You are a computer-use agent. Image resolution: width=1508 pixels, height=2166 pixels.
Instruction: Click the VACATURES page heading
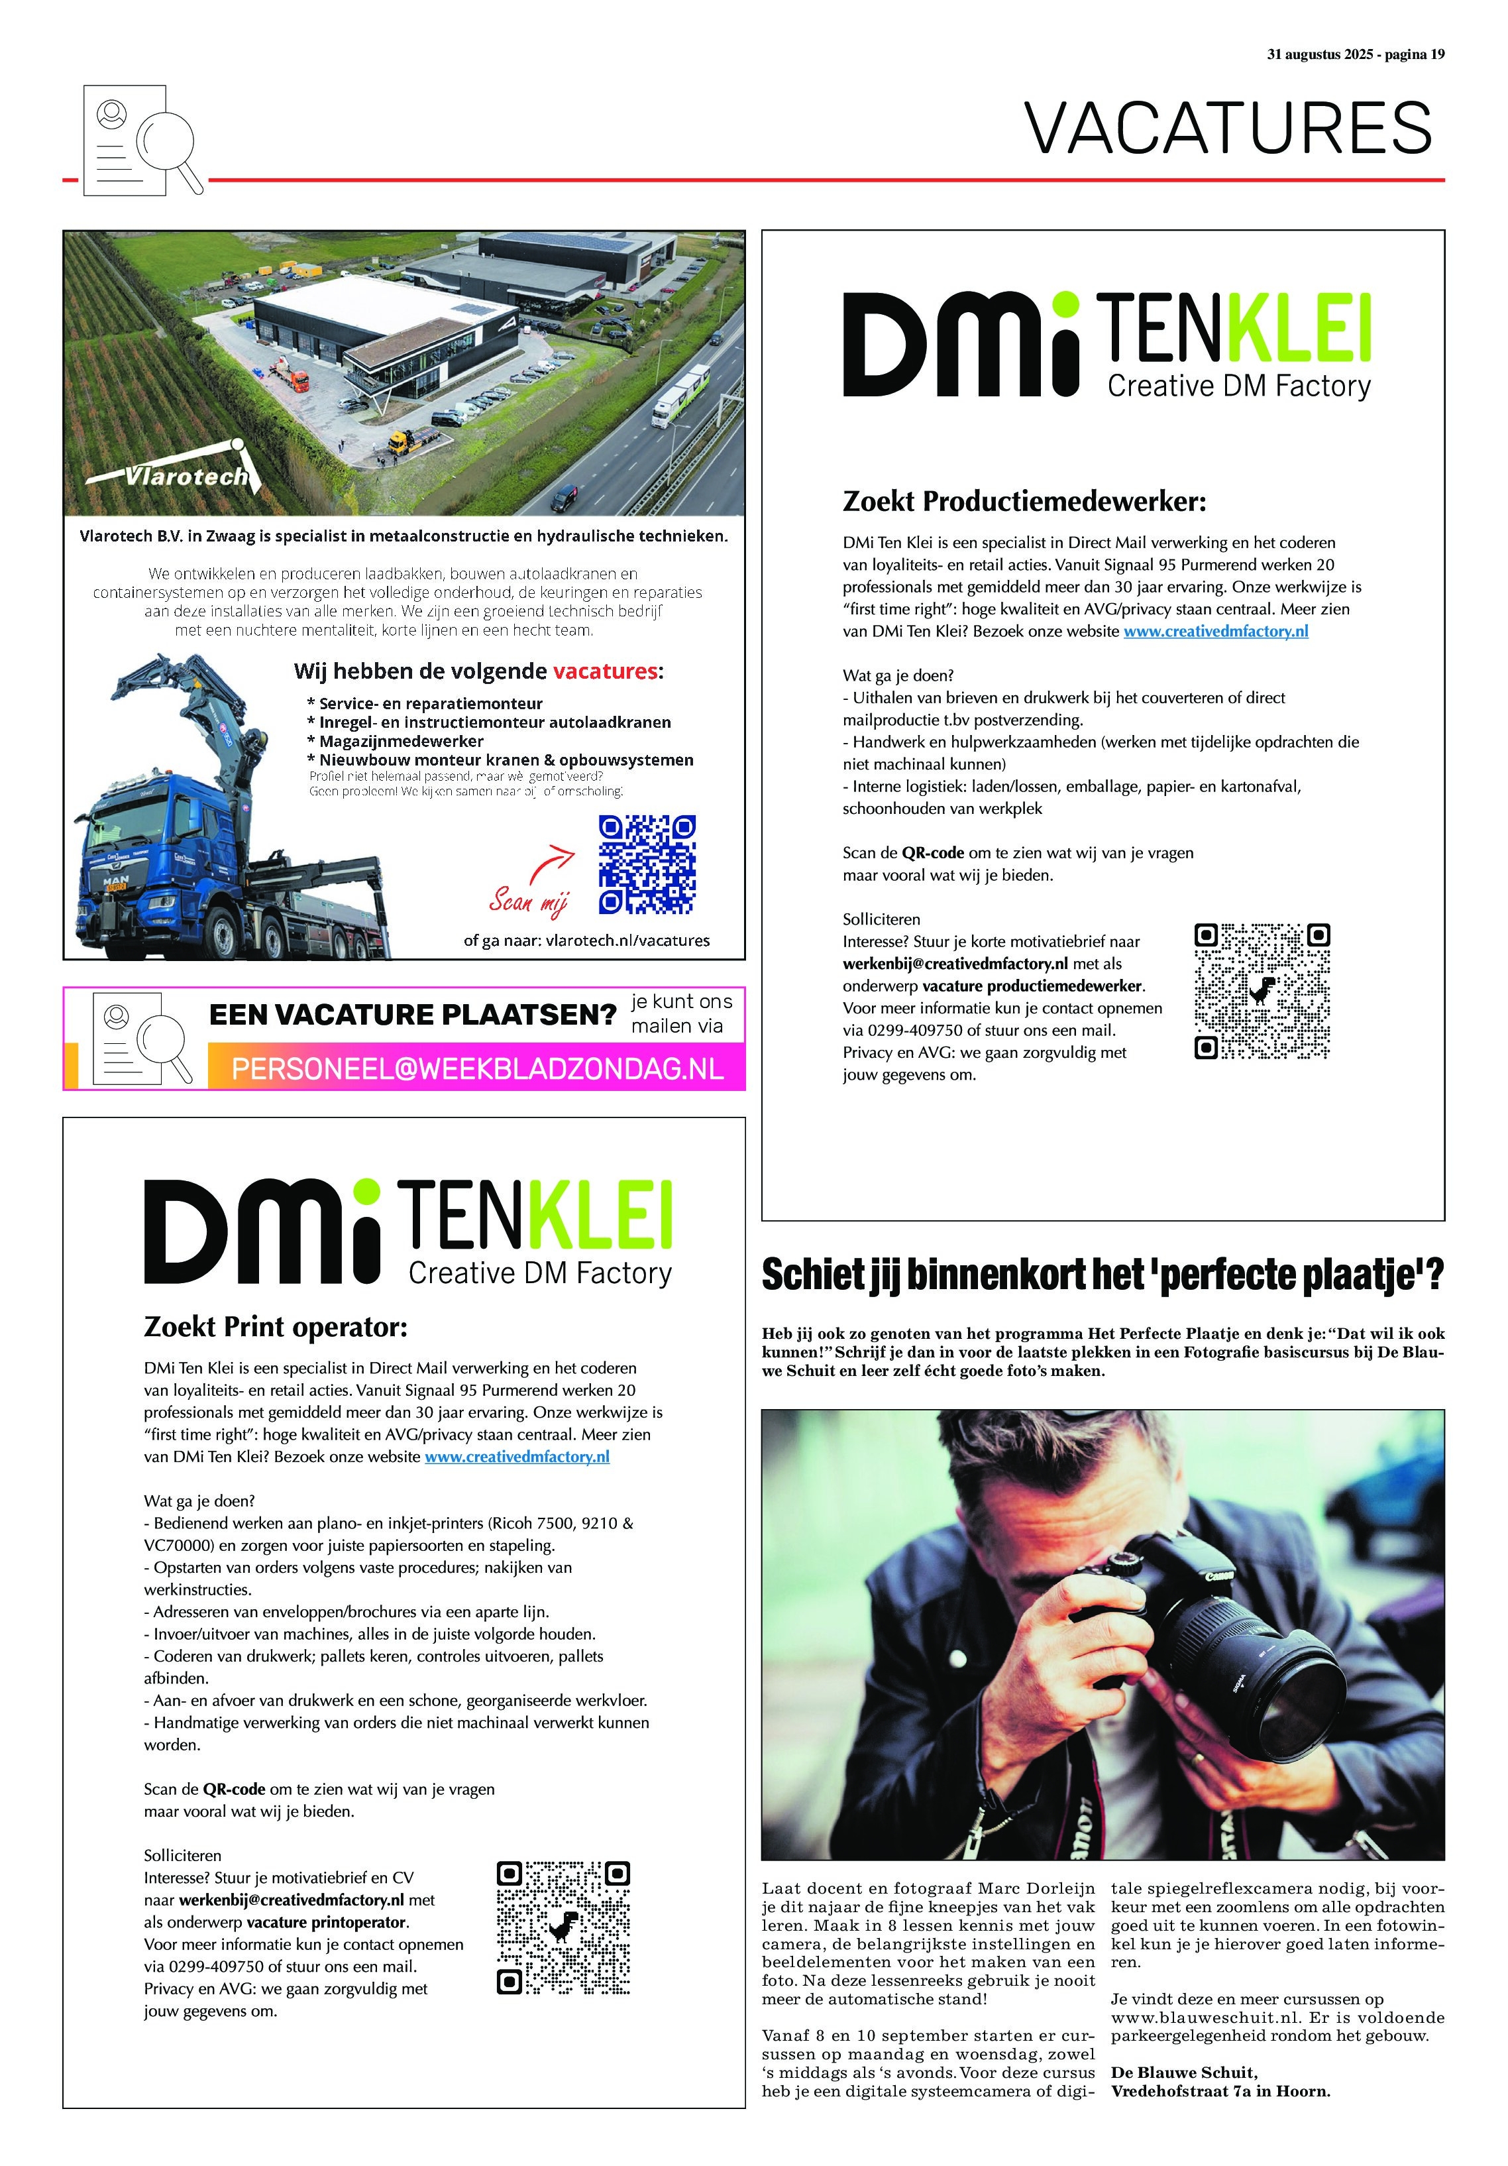tap(1228, 129)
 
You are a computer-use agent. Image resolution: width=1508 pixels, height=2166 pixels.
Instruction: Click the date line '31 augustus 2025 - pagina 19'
tap(1354, 55)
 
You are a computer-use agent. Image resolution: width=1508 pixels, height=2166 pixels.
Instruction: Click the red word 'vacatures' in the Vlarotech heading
tap(604, 671)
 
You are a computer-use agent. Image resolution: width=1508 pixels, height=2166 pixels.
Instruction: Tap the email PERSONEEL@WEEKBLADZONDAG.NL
tap(477, 1069)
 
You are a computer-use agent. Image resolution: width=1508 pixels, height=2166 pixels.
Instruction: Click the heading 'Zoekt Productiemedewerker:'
tap(1024, 501)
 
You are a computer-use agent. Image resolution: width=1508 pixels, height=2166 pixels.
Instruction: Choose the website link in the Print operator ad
tap(517, 1457)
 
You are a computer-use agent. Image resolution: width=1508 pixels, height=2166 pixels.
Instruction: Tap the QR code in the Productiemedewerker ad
tap(1262, 991)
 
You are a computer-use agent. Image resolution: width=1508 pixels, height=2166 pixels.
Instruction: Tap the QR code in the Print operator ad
tap(563, 1927)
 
